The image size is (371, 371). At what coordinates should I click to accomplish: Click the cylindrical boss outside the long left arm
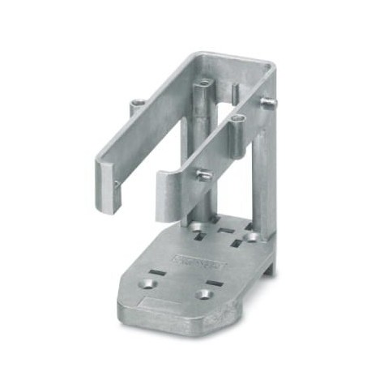[134, 106]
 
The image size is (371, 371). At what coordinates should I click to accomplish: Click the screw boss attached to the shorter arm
[237, 122]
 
